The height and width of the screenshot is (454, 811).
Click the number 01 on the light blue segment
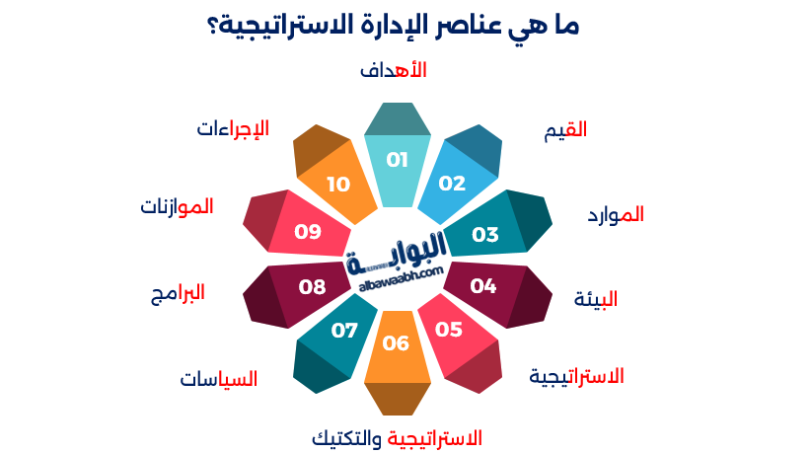397,160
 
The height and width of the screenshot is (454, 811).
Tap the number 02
452,184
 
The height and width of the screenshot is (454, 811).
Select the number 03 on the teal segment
485,235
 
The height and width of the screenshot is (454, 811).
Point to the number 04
483,286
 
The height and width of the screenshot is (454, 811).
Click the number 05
449,330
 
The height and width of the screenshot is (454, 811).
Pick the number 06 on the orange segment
396,343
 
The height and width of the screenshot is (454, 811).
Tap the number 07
344,330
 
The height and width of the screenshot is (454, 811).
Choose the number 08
313,287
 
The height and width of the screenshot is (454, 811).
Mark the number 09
309,232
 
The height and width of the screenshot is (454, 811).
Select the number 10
338,184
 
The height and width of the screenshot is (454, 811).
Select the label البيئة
596,300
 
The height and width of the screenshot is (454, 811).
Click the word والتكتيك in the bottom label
346,437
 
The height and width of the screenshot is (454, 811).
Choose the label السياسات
219,379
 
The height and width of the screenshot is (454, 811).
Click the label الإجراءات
233,129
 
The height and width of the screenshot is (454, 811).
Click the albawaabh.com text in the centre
397,279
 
